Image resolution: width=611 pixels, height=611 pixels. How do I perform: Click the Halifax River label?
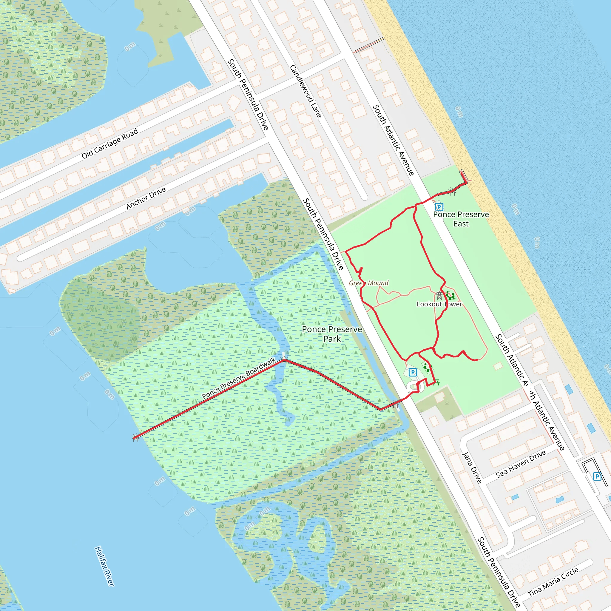(104, 566)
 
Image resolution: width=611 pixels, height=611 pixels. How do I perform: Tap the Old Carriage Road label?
(110, 143)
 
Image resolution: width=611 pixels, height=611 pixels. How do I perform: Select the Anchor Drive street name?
(146, 198)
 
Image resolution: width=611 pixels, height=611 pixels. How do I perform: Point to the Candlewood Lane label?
(306, 92)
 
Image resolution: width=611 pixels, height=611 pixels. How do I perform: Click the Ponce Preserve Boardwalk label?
(239, 378)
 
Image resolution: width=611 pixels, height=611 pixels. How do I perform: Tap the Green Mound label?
(368, 283)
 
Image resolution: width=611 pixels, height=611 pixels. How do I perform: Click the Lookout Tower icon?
(439, 296)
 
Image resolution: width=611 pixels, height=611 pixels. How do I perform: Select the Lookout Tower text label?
(439, 304)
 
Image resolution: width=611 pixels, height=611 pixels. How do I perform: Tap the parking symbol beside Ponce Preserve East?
(439, 207)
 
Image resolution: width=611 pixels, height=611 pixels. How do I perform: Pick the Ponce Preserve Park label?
(332, 334)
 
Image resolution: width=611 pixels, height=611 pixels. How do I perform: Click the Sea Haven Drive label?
(521, 464)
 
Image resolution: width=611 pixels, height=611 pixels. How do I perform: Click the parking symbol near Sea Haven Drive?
(597, 476)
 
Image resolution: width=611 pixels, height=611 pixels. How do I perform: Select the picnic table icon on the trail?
(437, 383)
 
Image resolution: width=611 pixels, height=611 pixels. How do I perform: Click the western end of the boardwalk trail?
(135, 438)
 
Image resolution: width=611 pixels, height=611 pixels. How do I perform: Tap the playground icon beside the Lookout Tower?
(450, 296)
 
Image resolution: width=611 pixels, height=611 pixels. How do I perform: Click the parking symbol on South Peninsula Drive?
(413, 373)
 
